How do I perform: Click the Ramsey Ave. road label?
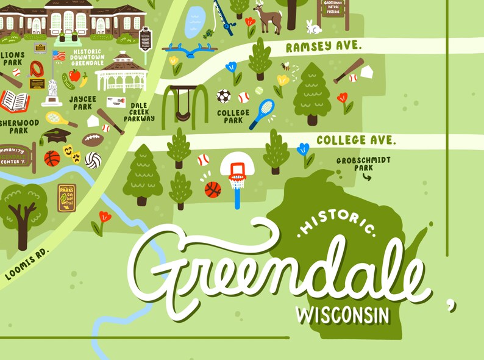(x=324, y=46)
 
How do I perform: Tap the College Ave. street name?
(x=356, y=140)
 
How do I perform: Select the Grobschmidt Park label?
(x=364, y=164)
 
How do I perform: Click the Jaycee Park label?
(x=81, y=103)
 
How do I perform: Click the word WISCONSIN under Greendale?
(x=343, y=315)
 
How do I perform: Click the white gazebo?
(x=122, y=72)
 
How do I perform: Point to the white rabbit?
(x=313, y=27)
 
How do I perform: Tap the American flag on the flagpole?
(x=59, y=56)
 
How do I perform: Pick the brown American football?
(x=93, y=140)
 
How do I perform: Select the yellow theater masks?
(x=72, y=153)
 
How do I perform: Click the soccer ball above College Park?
(x=224, y=96)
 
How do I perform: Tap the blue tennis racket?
(x=262, y=113)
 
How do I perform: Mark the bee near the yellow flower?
(x=286, y=66)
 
